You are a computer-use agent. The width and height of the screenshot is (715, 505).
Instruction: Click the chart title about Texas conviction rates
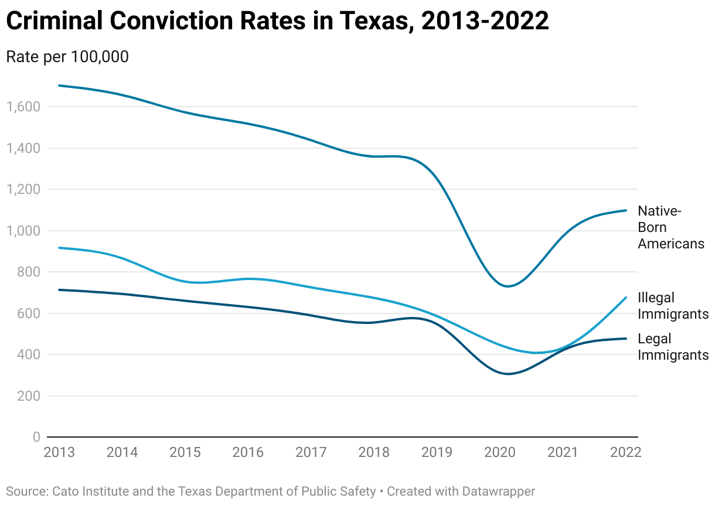[277, 22]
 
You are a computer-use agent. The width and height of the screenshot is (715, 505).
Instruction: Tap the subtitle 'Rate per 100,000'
[67, 57]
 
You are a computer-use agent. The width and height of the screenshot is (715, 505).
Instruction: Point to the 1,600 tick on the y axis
[23, 107]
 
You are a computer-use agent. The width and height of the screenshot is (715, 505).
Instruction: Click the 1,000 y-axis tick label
[23, 231]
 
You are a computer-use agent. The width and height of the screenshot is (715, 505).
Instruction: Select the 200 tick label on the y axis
[28, 396]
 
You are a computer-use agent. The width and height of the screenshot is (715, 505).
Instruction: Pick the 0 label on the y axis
[36, 437]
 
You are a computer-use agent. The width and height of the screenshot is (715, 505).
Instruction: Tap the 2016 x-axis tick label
[248, 453]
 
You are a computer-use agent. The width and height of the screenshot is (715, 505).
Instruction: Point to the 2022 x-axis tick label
[626, 453]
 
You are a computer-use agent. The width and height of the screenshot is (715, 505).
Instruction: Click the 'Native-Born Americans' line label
[670, 227]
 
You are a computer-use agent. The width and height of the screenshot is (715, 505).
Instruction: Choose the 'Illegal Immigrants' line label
[673, 306]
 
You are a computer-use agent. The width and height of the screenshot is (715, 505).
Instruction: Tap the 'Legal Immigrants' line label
[673, 347]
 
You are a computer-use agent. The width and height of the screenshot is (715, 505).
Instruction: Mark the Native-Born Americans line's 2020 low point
[507, 286]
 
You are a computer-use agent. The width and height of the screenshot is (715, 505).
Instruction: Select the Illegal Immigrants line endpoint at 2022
[626, 298]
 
